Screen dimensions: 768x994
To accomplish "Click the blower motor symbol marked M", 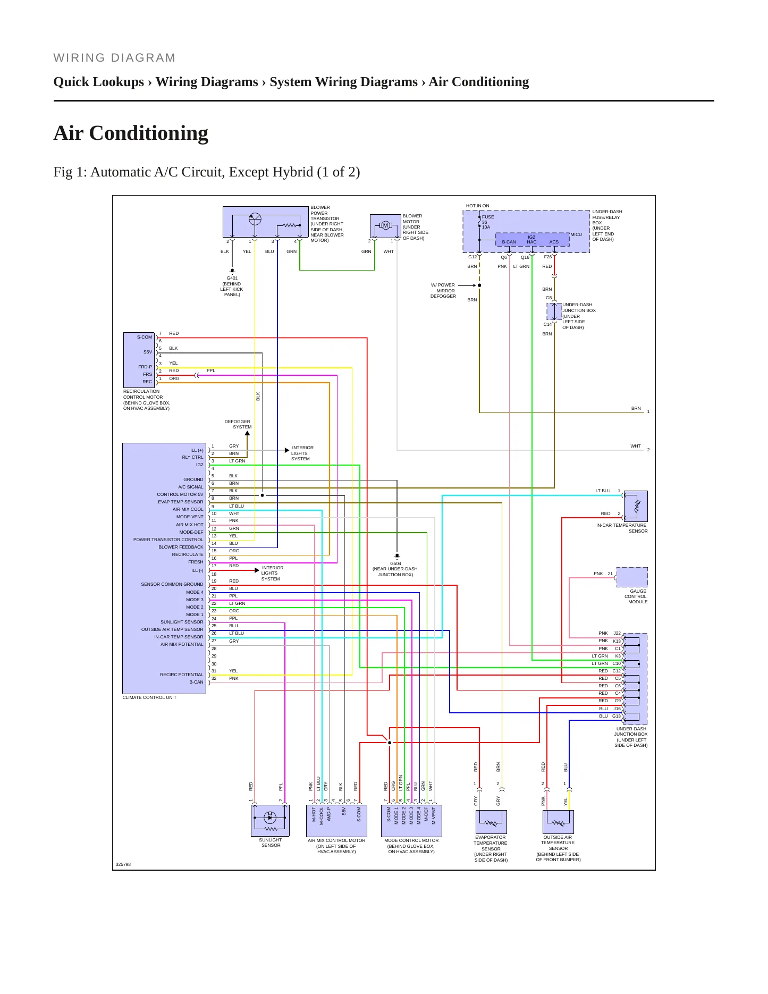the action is (385, 226).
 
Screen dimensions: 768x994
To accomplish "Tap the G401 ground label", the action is (232, 278).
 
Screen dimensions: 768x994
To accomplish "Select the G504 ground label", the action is (395, 563).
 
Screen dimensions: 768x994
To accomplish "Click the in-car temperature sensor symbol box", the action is (636, 506).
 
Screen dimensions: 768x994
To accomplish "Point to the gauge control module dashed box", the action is (632, 577).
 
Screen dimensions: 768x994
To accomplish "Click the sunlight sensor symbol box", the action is (270, 820).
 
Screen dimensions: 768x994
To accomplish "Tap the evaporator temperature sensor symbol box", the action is (491, 822).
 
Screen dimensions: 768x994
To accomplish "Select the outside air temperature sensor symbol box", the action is (558, 822).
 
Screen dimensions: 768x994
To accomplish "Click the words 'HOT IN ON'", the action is (477, 206).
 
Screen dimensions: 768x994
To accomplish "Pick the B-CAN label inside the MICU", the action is (509, 242).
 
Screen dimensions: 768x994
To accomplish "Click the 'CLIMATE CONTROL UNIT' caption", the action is (149, 697).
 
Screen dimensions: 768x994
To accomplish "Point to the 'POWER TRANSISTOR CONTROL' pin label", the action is (168, 540).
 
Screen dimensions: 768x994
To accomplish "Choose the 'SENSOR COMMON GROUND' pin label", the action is (172, 584).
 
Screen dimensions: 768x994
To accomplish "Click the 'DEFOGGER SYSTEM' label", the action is (238, 424).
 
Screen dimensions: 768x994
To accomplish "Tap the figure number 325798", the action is (123, 864).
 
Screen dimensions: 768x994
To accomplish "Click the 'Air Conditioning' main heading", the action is (131, 133).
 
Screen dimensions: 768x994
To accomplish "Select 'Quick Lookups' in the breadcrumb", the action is (99, 82).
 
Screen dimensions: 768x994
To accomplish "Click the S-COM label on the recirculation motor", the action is (145, 337).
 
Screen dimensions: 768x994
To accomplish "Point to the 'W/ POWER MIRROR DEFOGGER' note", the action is (443, 291).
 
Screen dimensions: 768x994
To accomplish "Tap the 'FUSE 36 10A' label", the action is (488, 222).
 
